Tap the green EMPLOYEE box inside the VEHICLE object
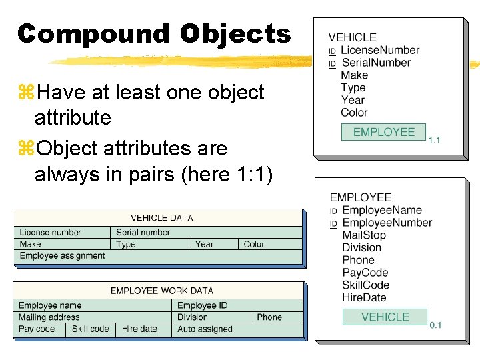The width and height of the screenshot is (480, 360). (x=383, y=132)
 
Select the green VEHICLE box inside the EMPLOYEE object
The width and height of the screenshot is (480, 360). (x=385, y=317)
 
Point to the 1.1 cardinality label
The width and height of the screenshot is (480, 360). (x=434, y=140)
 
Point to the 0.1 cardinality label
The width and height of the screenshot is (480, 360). (x=435, y=325)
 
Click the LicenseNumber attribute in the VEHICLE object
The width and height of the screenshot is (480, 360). (x=379, y=50)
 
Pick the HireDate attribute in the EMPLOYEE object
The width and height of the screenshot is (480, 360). (x=364, y=297)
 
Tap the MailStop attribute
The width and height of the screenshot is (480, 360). (x=363, y=235)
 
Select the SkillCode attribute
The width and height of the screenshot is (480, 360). (x=365, y=285)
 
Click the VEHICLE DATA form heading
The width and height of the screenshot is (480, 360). (x=162, y=218)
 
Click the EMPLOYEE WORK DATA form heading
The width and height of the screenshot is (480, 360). (x=162, y=291)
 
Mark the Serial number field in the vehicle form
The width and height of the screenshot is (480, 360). (x=143, y=232)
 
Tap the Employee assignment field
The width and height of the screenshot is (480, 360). (x=62, y=256)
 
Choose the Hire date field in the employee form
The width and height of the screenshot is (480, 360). (x=139, y=329)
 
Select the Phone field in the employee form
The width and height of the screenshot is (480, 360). (x=269, y=317)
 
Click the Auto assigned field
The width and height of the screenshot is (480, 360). (x=205, y=329)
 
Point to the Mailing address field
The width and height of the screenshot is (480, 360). (x=49, y=317)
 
